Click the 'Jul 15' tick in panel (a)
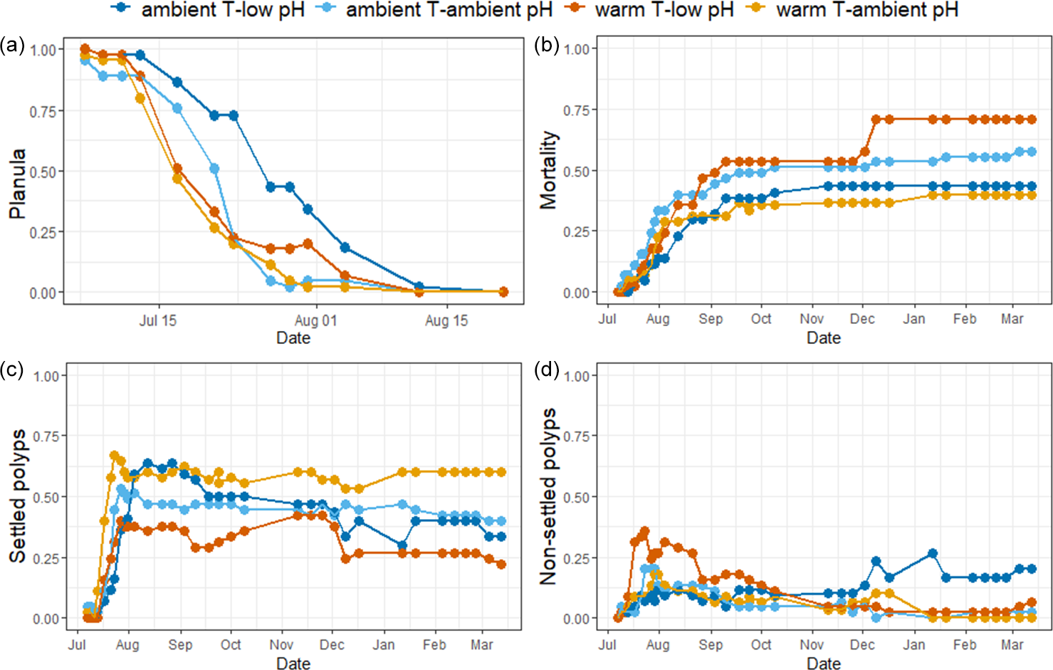tap(158, 320)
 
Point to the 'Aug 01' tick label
tap(315, 320)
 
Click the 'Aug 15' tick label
tap(446, 320)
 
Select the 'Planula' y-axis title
tap(17, 184)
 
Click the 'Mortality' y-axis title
tap(548, 170)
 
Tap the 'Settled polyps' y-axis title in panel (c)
tap(17, 496)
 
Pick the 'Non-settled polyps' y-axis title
tap(548, 496)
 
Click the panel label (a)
tap(13, 45)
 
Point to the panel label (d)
tap(547, 370)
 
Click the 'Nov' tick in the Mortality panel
tap(812, 319)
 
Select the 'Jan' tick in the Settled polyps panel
tap(384, 645)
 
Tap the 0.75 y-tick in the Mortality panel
tap(576, 110)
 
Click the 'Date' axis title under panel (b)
tap(824, 338)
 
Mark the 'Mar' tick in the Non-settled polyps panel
tap(1012, 645)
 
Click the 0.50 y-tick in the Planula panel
tap(43, 172)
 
